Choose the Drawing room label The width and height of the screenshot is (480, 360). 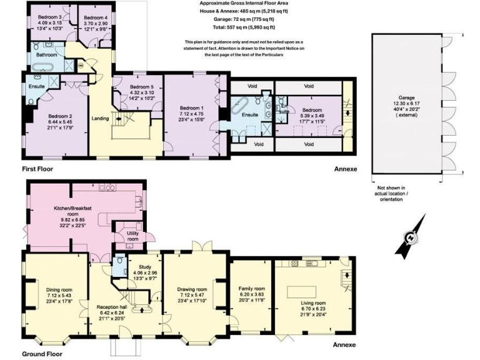pyautogui.click(x=192, y=289)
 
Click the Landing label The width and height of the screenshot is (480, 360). pyautogui.click(x=100, y=119)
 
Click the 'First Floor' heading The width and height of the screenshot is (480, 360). pyautogui.click(x=37, y=169)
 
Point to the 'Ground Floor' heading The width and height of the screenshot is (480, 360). pyautogui.click(x=41, y=354)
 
